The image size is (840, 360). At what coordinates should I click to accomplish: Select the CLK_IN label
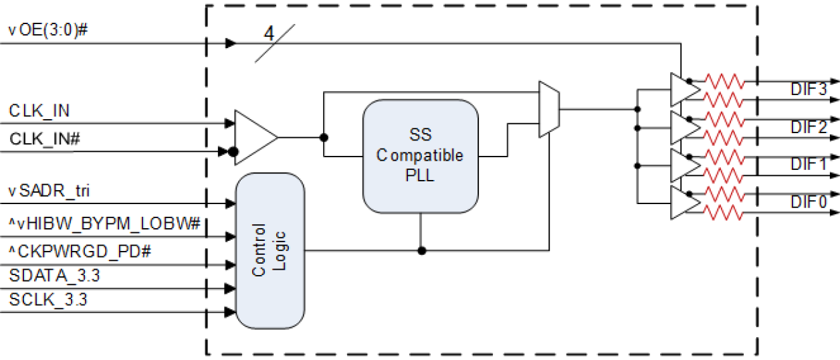(x=39, y=110)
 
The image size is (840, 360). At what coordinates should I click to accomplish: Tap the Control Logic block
(x=270, y=250)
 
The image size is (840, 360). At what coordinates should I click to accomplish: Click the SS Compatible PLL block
(x=420, y=156)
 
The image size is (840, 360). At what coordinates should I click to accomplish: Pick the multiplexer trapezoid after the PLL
(x=549, y=109)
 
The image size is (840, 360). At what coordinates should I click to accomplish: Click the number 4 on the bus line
(x=270, y=33)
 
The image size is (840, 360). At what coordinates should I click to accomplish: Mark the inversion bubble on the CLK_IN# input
(x=232, y=152)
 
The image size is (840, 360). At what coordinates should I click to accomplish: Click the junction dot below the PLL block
(x=421, y=251)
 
